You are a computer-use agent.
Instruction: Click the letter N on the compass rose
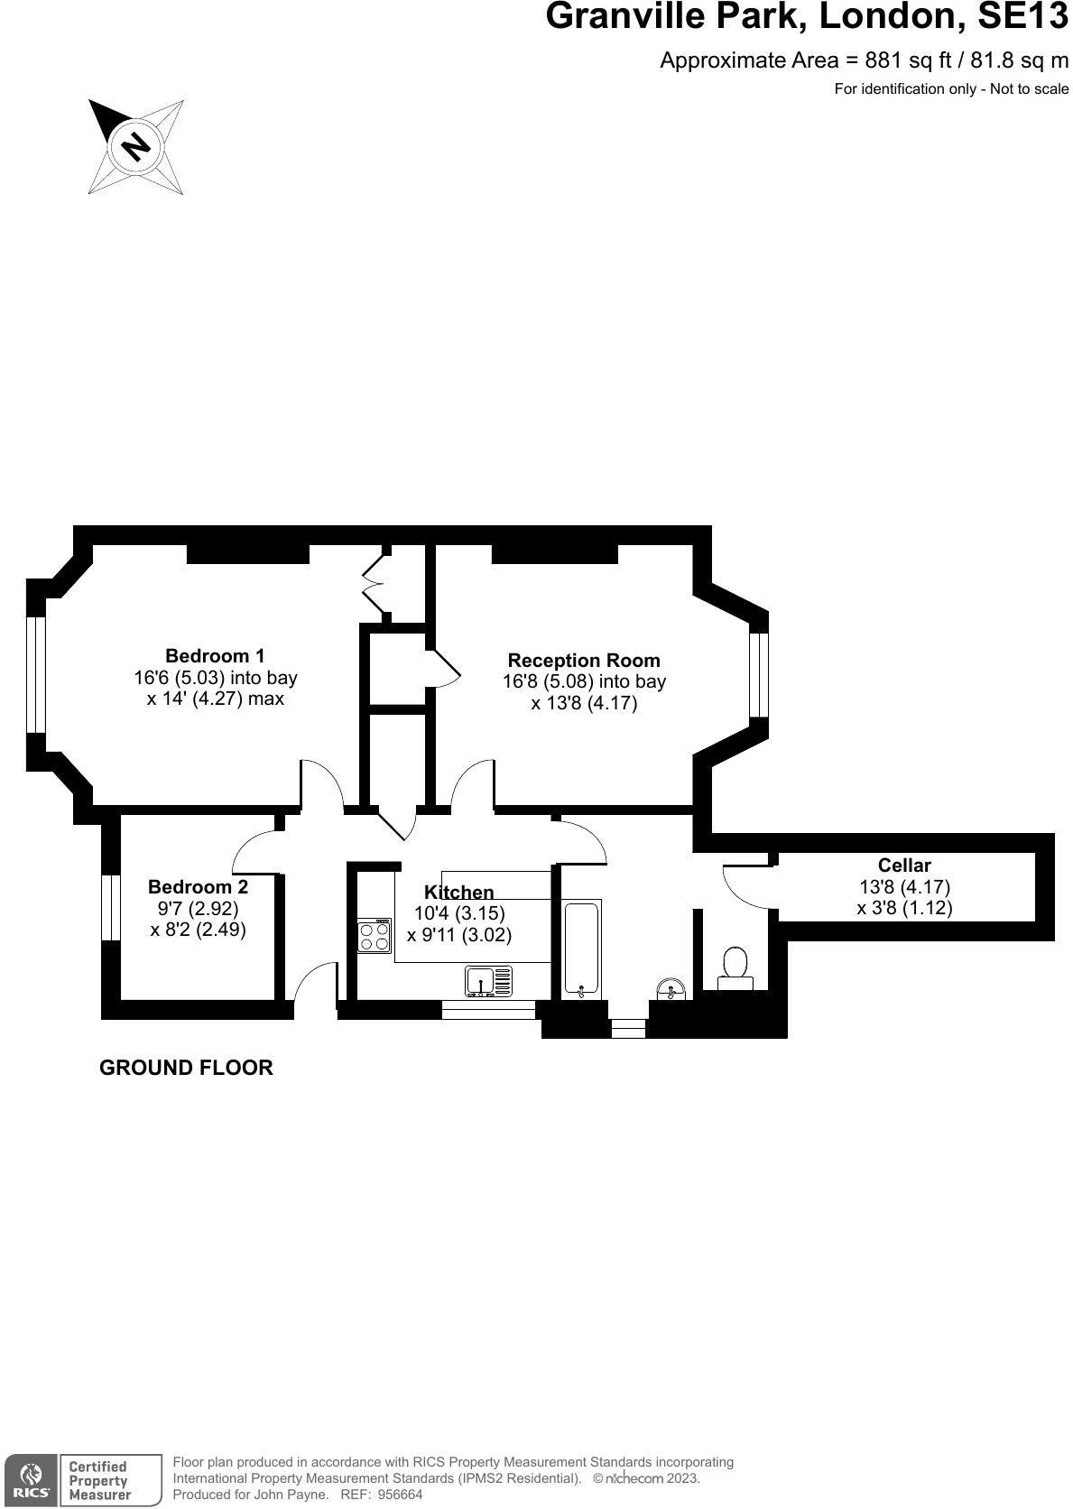tap(136, 145)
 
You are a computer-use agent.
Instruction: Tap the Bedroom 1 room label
tap(215, 656)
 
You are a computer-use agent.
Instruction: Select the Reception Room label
tap(584, 661)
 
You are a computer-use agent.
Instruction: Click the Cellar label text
tap(904, 866)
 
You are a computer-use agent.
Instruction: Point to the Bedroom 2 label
tap(198, 887)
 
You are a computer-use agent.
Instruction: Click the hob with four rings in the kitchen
tap(375, 936)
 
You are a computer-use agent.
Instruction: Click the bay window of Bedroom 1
tap(35, 674)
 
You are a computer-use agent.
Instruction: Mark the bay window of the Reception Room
tap(759, 675)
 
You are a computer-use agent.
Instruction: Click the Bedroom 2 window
tap(111, 907)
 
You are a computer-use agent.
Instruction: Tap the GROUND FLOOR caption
tap(186, 1068)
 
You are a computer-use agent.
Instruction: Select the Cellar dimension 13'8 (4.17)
tap(904, 887)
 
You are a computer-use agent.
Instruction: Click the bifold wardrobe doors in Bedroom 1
tap(373, 584)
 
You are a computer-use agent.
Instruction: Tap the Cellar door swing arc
tap(742, 889)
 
